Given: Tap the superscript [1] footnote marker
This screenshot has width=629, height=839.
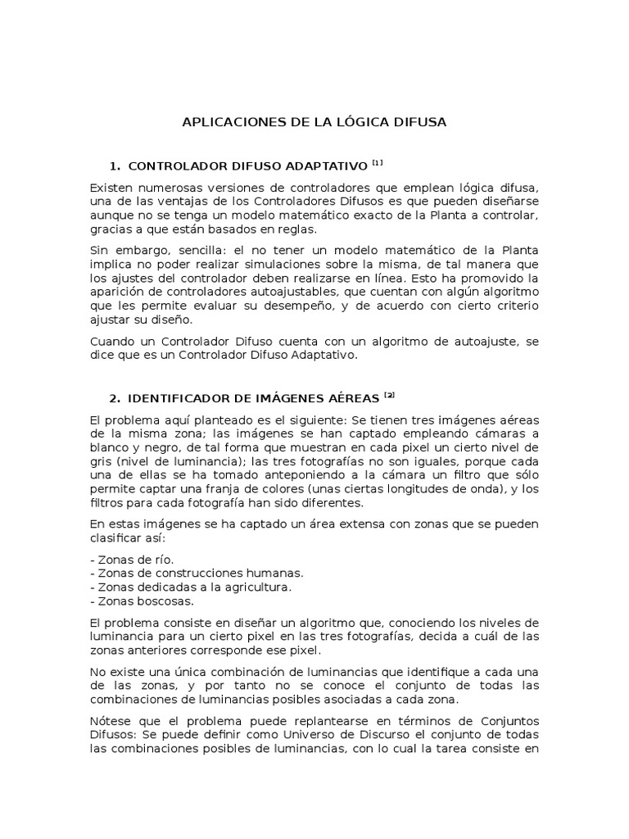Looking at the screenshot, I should (x=376, y=163).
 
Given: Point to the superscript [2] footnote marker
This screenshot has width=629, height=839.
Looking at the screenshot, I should (x=389, y=396).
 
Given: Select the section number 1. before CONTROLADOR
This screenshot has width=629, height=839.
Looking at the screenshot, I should (x=115, y=166).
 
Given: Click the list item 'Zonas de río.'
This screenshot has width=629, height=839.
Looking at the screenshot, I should (x=132, y=558).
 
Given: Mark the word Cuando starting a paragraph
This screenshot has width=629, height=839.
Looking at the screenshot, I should (x=113, y=342).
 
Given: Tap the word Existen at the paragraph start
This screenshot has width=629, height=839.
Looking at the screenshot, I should (x=111, y=188).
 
